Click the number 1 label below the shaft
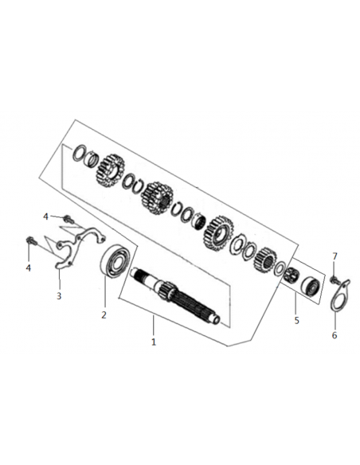click(x=153, y=342)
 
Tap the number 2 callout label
click(x=104, y=315)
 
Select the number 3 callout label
click(x=59, y=295)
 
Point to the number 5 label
click(x=297, y=321)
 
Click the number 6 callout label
click(x=335, y=335)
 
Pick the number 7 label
click(x=335, y=256)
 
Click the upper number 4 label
click(x=45, y=217)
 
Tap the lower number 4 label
click(x=28, y=268)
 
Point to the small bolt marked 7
click(x=334, y=279)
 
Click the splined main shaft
click(x=175, y=295)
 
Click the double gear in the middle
click(x=157, y=197)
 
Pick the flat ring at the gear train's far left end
click(x=79, y=153)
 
